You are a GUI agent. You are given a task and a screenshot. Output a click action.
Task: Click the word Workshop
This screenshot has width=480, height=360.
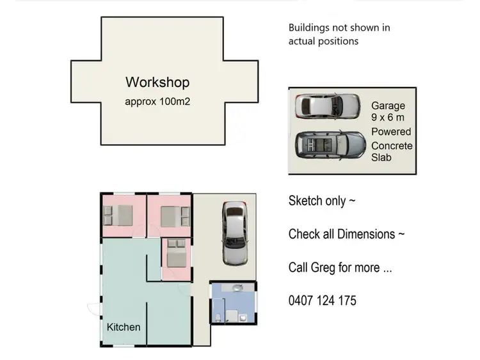click(157, 82)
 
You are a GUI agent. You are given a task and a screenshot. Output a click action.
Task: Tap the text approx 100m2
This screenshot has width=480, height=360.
click(157, 101)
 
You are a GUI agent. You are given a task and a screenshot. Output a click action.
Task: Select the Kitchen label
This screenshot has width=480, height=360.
click(124, 327)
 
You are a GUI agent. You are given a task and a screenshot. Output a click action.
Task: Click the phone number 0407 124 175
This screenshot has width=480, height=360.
click(323, 301)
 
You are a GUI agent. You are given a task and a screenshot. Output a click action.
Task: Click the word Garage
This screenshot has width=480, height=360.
click(388, 106)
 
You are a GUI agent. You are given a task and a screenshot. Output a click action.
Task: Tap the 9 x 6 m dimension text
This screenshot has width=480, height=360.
click(388, 118)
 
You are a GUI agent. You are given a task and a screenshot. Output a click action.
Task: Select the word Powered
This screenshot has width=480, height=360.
click(391, 132)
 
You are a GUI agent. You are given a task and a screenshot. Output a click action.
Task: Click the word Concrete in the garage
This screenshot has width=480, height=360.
click(392, 146)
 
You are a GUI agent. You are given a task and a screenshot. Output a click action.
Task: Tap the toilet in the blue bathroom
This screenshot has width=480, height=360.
click(220, 318)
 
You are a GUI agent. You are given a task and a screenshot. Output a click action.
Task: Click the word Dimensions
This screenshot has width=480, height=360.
click(367, 234)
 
